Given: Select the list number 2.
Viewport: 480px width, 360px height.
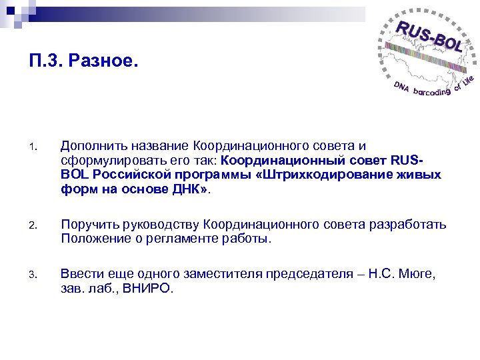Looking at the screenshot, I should [x=39, y=225].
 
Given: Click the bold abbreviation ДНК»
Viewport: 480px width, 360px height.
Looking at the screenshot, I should [x=191, y=189].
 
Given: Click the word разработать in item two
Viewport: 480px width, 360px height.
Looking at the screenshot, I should [x=407, y=225].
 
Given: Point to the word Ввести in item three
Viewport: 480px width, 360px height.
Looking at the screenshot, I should [x=80, y=274].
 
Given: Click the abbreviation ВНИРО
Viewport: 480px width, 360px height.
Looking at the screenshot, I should [x=150, y=289].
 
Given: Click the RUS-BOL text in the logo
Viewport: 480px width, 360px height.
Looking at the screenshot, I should [x=429, y=37].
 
